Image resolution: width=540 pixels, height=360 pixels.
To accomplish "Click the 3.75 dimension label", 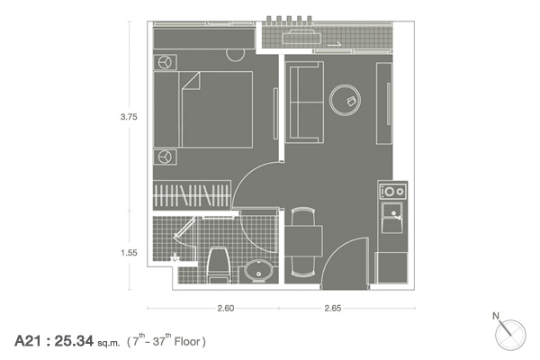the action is click(x=129, y=117).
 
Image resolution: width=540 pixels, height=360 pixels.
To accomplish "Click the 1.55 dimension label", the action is click(x=129, y=253).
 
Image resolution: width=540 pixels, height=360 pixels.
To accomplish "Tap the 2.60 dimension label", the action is click(x=226, y=308).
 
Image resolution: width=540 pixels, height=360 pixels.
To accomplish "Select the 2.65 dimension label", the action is click(x=333, y=308).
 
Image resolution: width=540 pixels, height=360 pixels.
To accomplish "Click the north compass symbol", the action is click(x=509, y=334).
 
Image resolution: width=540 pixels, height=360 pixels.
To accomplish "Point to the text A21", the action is click(x=28, y=341).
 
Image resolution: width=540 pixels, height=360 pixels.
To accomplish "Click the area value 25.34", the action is click(x=74, y=341).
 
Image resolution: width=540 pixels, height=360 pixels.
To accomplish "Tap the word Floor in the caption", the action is click(x=187, y=342).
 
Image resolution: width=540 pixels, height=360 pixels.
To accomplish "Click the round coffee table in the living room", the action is click(x=345, y=100).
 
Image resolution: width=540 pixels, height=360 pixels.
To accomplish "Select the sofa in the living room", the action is click(x=304, y=103).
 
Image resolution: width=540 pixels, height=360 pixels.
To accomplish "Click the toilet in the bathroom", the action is click(x=220, y=265).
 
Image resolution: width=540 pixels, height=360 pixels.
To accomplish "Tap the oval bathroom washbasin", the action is click(x=259, y=270).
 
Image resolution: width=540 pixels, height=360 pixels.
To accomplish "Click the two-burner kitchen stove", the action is click(x=393, y=191).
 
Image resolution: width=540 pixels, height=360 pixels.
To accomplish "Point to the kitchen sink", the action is click(x=392, y=218).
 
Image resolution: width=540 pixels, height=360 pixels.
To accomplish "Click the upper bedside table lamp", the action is click(x=165, y=62).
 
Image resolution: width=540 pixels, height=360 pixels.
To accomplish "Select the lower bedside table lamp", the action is click(x=165, y=157).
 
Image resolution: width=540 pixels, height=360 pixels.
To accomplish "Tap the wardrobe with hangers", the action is click(x=192, y=195).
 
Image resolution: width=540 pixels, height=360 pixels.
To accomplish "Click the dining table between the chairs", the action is click(x=304, y=241).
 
